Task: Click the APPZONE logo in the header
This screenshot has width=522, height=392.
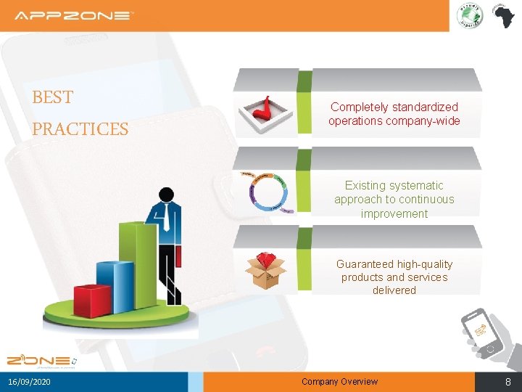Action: (74, 15)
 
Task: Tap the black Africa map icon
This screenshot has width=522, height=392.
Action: (502, 15)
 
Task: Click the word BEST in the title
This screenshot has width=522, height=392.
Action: (53, 97)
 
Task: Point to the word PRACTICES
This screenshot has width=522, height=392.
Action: (80, 129)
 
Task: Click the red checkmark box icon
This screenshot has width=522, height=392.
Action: (268, 113)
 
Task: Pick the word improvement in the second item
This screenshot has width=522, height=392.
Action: (394, 213)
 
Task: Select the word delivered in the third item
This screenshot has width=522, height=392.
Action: (394, 290)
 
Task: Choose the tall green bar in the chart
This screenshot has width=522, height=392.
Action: (137, 258)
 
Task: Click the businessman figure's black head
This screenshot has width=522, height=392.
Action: (167, 195)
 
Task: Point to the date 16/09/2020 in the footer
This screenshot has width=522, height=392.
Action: (30, 382)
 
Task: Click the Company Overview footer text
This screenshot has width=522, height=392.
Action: (339, 382)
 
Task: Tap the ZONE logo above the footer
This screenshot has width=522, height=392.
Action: (40, 360)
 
